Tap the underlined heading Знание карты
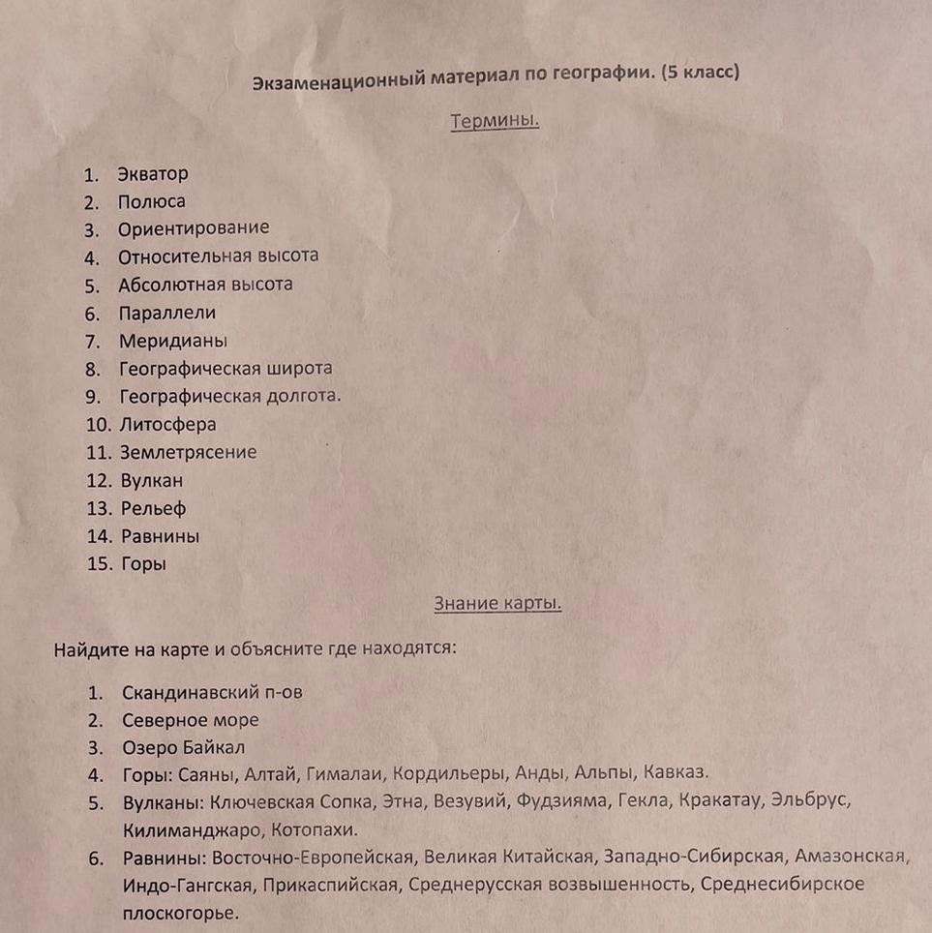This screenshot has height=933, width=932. tap(497, 603)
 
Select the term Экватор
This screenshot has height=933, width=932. tap(153, 174)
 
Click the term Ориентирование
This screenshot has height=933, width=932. tap(194, 228)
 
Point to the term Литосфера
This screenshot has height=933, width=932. tap(167, 424)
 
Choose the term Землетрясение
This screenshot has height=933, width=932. tap(188, 452)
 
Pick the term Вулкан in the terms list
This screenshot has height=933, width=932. tap(151, 480)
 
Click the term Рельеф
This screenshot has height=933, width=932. tap(153, 508)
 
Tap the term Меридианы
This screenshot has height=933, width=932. tap(173, 341)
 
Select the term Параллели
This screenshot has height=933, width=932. tap(166, 313)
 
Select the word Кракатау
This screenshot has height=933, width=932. tap(722, 800)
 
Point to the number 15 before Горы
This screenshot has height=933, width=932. tap(100, 564)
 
